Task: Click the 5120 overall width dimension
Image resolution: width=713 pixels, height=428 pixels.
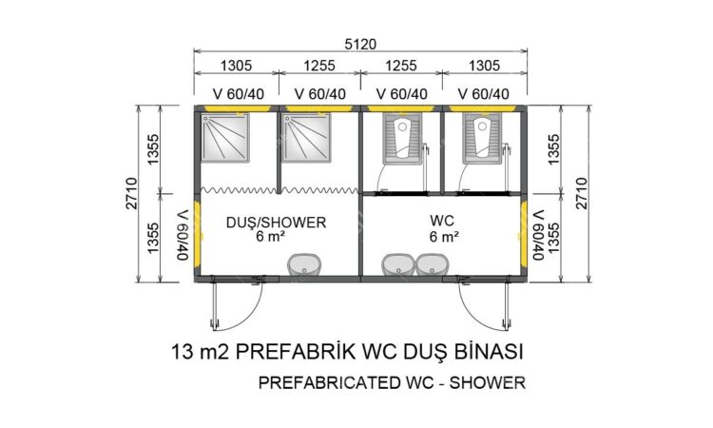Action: [360, 44]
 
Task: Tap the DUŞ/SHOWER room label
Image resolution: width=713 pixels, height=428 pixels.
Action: [276, 223]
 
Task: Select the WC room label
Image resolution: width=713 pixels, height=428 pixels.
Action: [442, 221]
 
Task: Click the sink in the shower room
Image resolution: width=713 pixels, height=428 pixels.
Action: [304, 264]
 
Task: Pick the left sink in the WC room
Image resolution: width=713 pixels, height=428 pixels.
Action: [398, 264]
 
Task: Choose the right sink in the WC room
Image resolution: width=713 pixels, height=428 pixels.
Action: [432, 264]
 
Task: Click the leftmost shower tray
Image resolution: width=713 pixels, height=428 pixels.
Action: [225, 137]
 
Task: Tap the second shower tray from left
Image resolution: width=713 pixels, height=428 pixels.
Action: [306, 137]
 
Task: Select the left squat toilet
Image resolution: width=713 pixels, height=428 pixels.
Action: [402, 138]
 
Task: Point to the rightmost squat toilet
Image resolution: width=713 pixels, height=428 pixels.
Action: [482, 138]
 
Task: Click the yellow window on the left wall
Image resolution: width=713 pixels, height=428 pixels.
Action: [198, 235]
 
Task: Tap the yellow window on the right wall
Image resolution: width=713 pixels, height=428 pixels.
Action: [524, 235]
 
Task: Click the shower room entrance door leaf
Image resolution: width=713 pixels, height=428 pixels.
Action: [213, 302]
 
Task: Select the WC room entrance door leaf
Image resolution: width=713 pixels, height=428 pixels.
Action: [505, 302]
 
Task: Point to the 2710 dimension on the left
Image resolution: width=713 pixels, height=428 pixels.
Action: [131, 193]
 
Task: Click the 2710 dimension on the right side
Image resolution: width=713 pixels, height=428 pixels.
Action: [582, 193]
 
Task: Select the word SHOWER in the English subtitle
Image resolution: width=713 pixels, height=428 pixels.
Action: [488, 382]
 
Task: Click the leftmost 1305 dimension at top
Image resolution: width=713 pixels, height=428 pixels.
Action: [236, 66]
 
